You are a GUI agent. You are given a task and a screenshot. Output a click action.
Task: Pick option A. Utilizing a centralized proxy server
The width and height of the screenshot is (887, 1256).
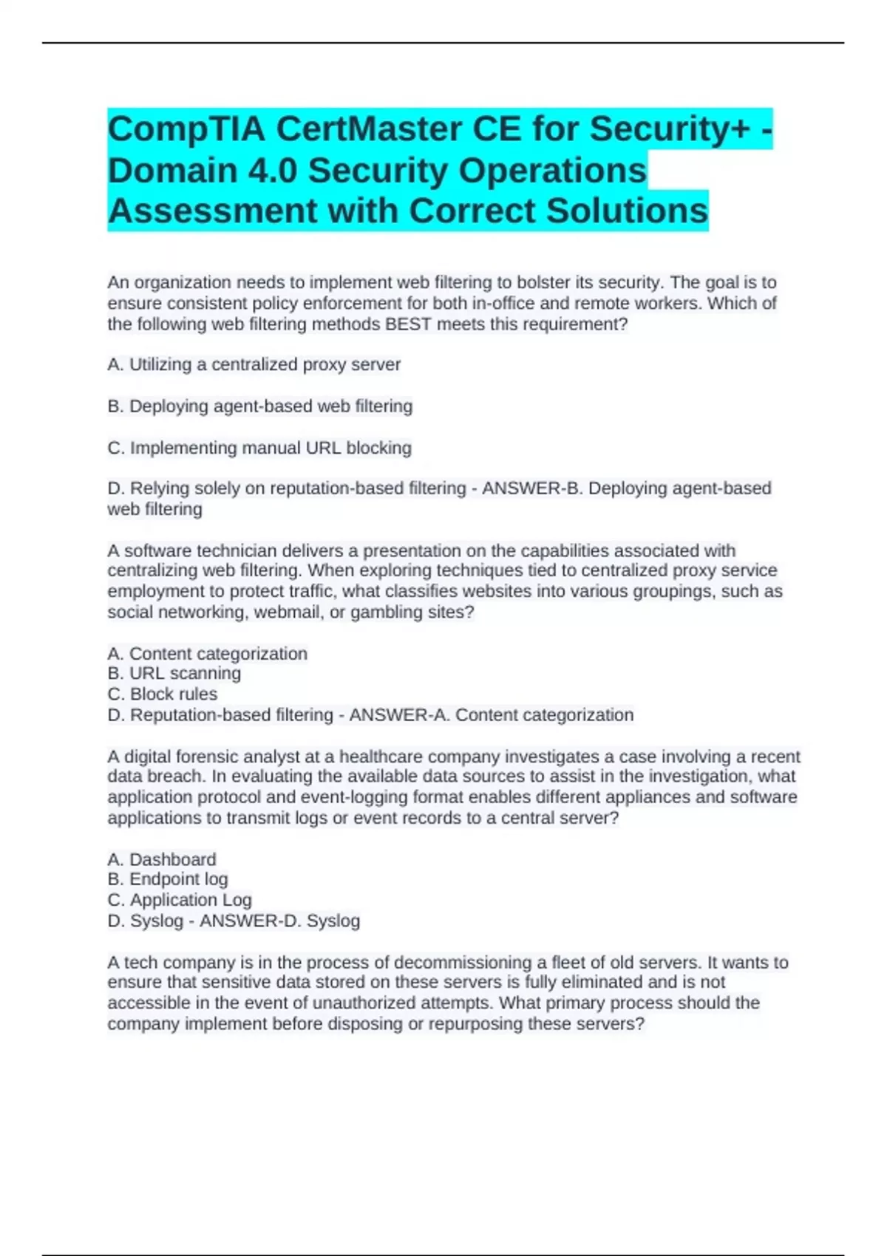point(254,365)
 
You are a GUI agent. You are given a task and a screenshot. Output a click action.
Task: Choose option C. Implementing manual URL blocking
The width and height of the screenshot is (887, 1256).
point(259,448)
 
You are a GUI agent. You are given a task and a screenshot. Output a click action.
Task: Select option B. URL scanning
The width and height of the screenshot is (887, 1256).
point(174,674)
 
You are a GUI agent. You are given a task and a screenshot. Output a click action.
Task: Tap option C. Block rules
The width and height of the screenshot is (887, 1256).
point(163,694)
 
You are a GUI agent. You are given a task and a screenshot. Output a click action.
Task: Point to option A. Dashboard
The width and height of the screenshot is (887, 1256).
point(162,859)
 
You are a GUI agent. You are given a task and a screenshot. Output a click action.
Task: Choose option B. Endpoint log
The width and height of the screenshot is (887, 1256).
point(168,879)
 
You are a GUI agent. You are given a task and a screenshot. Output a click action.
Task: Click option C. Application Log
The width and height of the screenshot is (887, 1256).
point(180,900)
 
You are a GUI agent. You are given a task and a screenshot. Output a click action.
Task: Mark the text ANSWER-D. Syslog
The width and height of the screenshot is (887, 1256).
point(279,921)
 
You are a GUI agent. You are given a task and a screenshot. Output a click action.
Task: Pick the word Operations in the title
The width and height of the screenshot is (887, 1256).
point(552,171)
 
